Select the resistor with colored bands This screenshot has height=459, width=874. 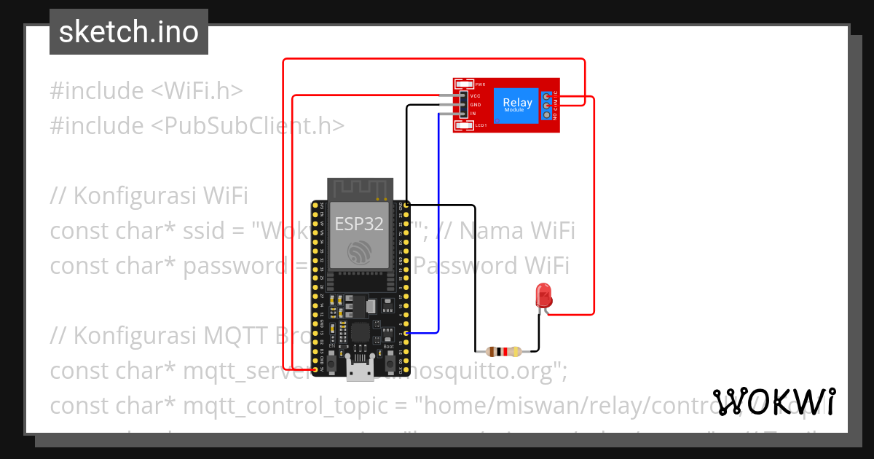coord(505,351)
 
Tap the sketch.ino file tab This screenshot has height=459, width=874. coord(129,32)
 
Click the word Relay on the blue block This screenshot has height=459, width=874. coord(517,103)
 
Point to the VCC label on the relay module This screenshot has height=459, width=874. coord(475,96)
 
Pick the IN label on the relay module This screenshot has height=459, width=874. coord(473,114)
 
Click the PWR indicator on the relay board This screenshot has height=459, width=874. coord(479,85)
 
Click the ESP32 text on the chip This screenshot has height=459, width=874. coord(358,224)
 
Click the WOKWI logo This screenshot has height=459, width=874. coord(773,401)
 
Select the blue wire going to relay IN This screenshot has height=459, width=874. coord(438,219)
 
